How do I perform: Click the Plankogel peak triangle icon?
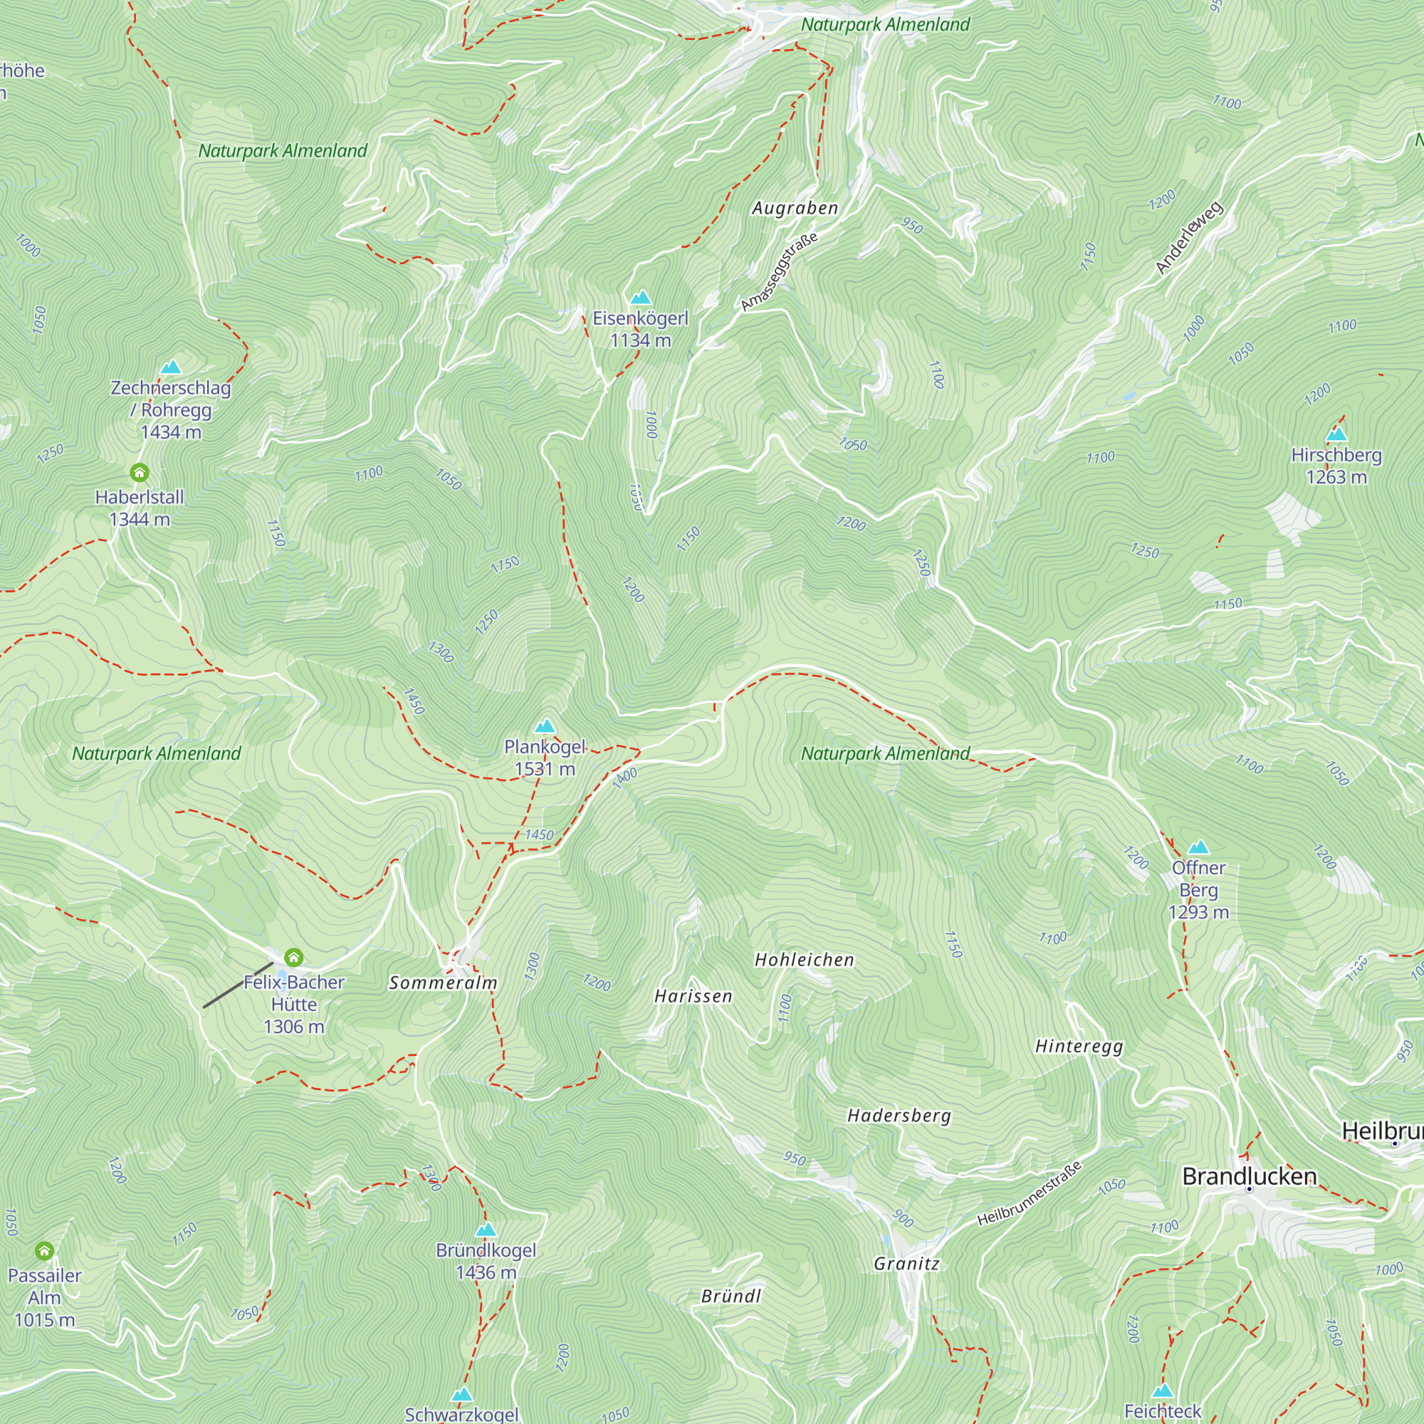pos(545,726)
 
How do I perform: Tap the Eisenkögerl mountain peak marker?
pos(641,298)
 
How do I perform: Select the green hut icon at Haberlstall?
pos(140,473)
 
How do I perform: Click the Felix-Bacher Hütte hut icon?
pos(293,958)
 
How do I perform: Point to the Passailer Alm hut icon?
pos(44,1251)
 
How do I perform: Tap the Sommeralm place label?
pos(443,983)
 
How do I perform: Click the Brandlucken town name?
pos(1250,1176)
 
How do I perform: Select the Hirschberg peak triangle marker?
pos(1336,434)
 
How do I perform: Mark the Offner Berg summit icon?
pos(1198,847)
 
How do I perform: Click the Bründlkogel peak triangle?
pos(486,1230)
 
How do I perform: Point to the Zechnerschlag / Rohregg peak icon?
pos(171,367)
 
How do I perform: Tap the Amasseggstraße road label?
pos(779,272)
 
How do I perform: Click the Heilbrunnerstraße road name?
pos(1030,1193)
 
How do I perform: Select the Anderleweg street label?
pos(1189,237)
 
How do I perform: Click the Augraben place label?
pos(795,209)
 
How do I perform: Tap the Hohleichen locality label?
pos(804,960)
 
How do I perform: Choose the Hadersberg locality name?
pos(899,1115)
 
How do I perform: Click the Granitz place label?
pos(906,1263)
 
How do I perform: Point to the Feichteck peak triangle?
pos(1163,1391)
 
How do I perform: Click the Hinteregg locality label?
pos(1079,1046)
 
